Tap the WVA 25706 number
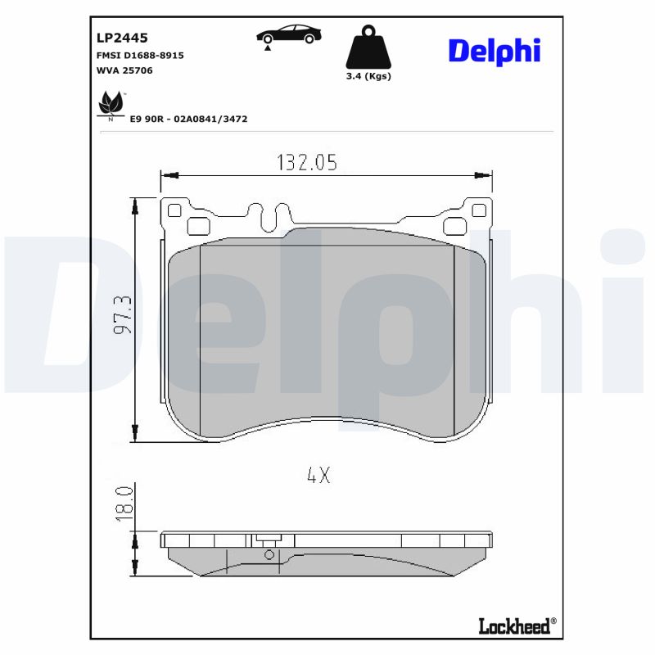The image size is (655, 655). pyautogui.click(x=124, y=70)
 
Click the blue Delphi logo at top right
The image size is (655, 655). pyautogui.click(x=494, y=51)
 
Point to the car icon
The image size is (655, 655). pyautogui.click(x=288, y=34)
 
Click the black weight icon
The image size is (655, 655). pyautogui.click(x=368, y=48)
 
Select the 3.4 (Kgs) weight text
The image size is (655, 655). pyautogui.click(x=368, y=76)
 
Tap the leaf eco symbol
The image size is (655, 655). pyautogui.click(x=111, y=105)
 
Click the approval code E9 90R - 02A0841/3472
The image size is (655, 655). pyautogui.click(x=188, y=119)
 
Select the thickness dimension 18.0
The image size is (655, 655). pyautogui.click(x=124, y=499)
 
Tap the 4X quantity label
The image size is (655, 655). pyautogui.click(x=318, y=475)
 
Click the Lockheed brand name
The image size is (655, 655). pyautogui.click(x=513, y=626)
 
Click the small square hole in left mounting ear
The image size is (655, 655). pyautogui.click(x=174, y=210)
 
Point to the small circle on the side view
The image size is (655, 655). pyautogui.click(x=269, y=554)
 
